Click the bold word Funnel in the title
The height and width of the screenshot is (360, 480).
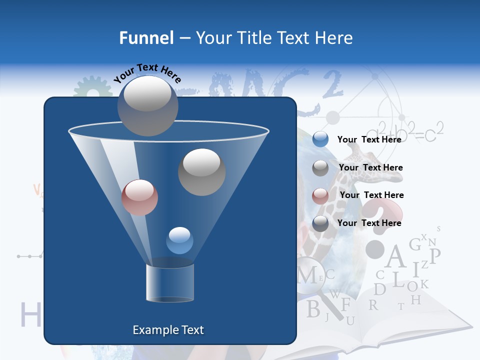tap(146, 38)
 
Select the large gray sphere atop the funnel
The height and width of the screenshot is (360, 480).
tap(147, 105)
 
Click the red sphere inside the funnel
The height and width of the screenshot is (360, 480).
tap(139, 197)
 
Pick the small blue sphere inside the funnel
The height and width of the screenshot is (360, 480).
tap(179, 240)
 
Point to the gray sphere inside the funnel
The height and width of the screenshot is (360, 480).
tap(201, 172)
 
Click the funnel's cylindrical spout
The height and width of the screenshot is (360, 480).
tap(170, 283)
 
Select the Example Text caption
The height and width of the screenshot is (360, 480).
tap(168, 330)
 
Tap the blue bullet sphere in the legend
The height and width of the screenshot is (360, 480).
tap(320, 139)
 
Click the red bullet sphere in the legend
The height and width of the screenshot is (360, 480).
tap(320, 195)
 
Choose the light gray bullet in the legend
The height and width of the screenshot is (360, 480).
tap(320, 167)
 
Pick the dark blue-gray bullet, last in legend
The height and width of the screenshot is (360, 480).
tap(320, 223)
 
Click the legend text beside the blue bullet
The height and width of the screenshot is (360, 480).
tap(369, 139)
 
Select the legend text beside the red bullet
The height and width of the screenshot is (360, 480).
tap(371, 195)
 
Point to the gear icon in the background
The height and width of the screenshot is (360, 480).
tap(93, 90)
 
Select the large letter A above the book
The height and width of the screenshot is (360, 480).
tap(395, 257)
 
